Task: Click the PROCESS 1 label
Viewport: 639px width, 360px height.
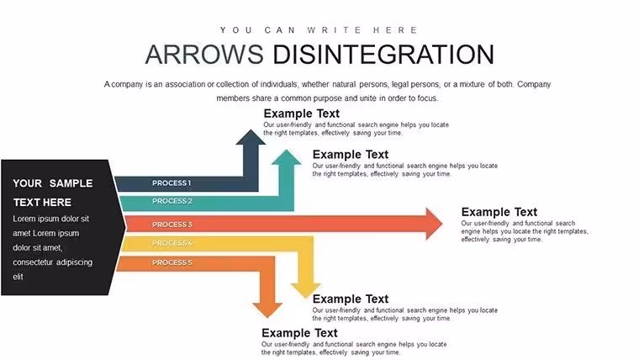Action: [172, 183]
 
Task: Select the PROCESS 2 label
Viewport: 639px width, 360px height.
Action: [172, 201]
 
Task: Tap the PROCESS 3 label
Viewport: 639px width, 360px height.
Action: [172, 225]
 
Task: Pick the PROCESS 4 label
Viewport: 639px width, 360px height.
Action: [172, 243]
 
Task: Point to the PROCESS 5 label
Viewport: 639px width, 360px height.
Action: [172, 262]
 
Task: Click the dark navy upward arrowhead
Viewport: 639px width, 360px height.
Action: [251, 138]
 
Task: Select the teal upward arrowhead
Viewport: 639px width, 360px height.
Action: [286, 158]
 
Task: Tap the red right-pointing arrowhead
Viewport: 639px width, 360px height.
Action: [434, 224]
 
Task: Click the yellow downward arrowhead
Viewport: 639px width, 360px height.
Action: [306, 291]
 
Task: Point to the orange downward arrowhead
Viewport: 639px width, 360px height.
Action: [267, 310]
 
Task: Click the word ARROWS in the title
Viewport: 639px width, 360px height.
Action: [204, 54]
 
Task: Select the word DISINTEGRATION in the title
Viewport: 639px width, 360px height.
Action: [383, 54]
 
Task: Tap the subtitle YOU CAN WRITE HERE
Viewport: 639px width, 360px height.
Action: [319, 30]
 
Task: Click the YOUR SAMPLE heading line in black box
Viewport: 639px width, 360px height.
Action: [53, 183]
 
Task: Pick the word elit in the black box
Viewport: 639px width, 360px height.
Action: [18, 277]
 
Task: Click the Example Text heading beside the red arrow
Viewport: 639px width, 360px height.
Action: [499, 212]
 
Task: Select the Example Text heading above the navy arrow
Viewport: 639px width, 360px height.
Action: [302, 114]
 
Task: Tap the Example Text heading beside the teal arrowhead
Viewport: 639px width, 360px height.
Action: [351, 155]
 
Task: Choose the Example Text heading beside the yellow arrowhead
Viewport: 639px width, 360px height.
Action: [351, 299]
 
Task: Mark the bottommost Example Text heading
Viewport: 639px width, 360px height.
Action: [299, 333]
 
